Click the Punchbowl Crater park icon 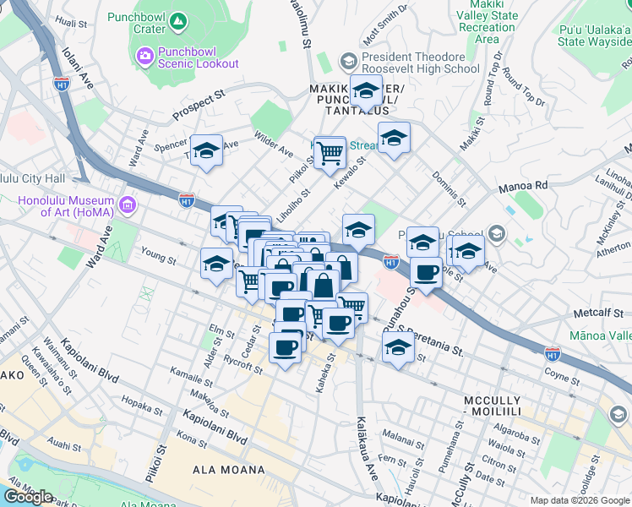[177, 20]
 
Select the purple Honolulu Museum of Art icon [128, 204]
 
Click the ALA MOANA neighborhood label [229, 470]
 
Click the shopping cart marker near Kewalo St [330, 152]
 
